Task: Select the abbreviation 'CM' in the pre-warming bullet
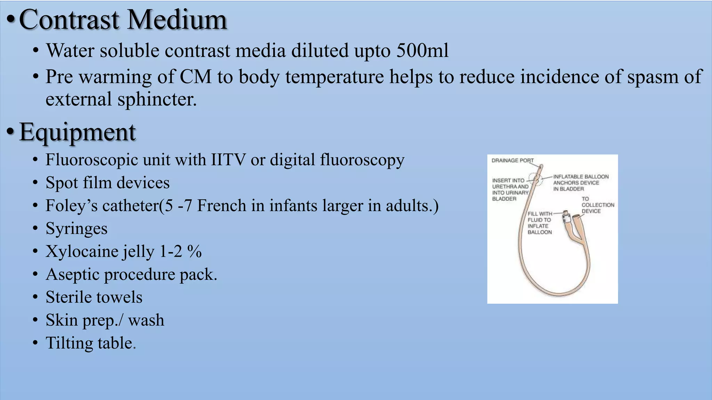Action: tap(196, 77)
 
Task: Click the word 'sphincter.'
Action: tap(157, 100)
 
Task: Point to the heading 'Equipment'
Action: tap(77, 132)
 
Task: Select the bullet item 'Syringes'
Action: tap(76, 229)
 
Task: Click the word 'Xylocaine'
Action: tap(82, 251)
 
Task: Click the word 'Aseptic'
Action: tap(73, 274)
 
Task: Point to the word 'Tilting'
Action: tap(69, 343)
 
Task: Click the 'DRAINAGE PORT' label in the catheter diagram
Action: tap(512, 160)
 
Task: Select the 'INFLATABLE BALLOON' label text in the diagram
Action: tap(581, 177)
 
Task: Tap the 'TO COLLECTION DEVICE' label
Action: tap(598, 205)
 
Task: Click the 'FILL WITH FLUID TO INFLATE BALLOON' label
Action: tap(540, 223)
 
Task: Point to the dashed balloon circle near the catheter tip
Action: tap(536, 179)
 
